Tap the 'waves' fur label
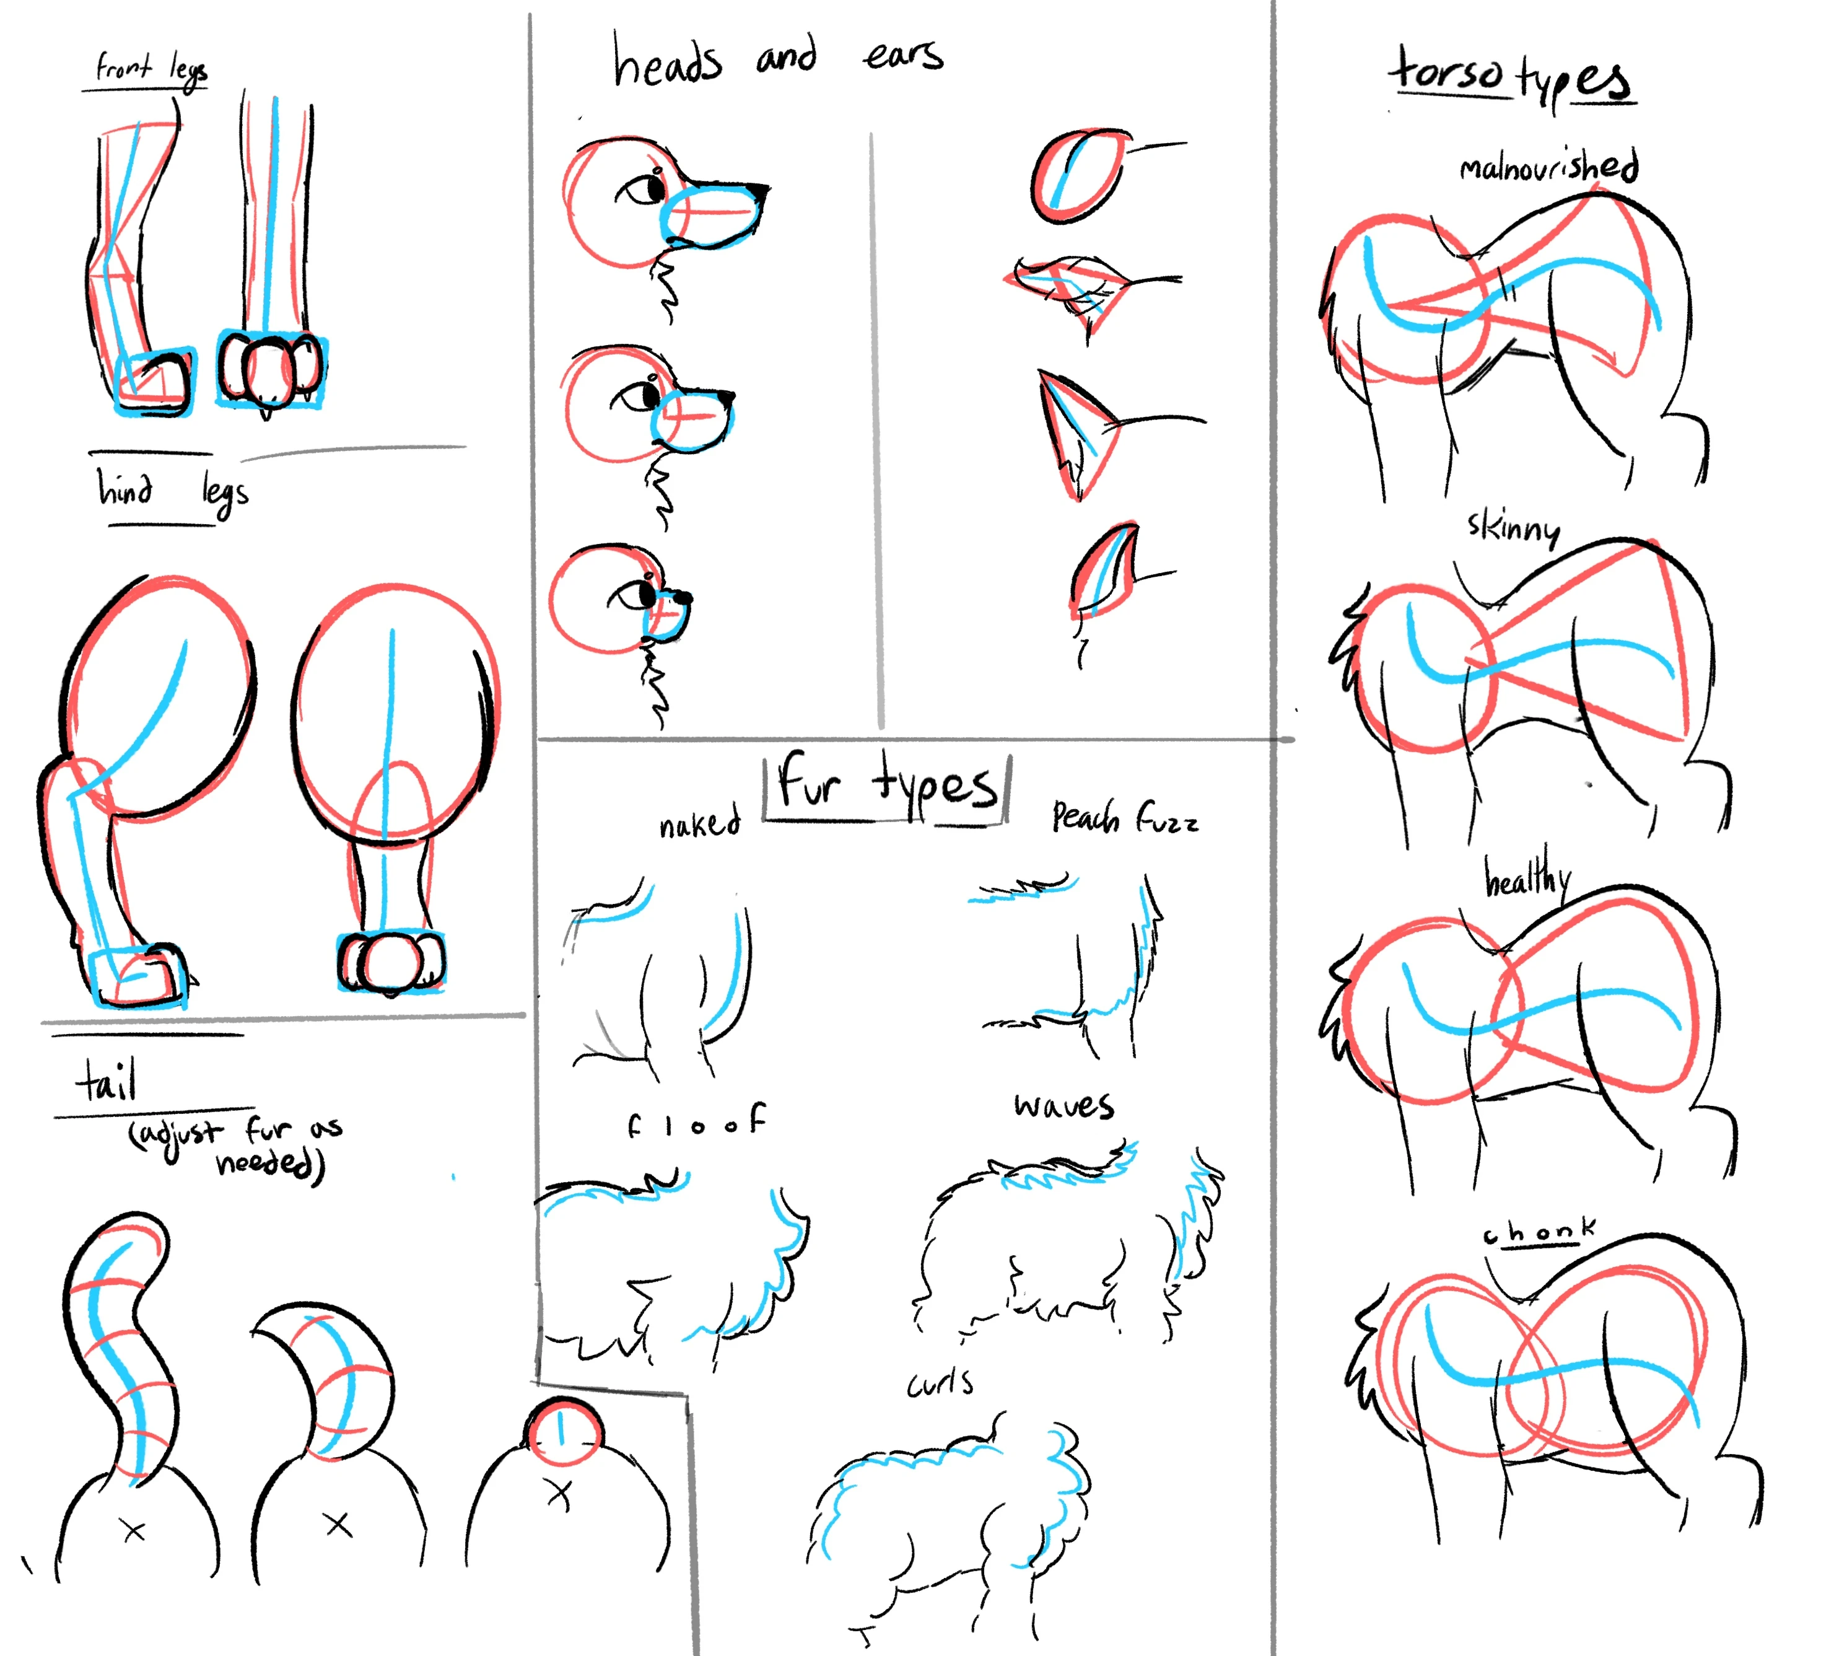pyautogui.click(x=1063, y=1105)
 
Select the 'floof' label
pyautogui.click(x=696, y=1122)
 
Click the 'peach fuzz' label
pyautogui.click(x=1125, y=818)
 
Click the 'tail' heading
pyautogui.click(x=107, y=1081)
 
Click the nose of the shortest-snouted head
pyautogui.click(x=683, y=598)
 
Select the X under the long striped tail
pyautogui.click(x=134, y=1531)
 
